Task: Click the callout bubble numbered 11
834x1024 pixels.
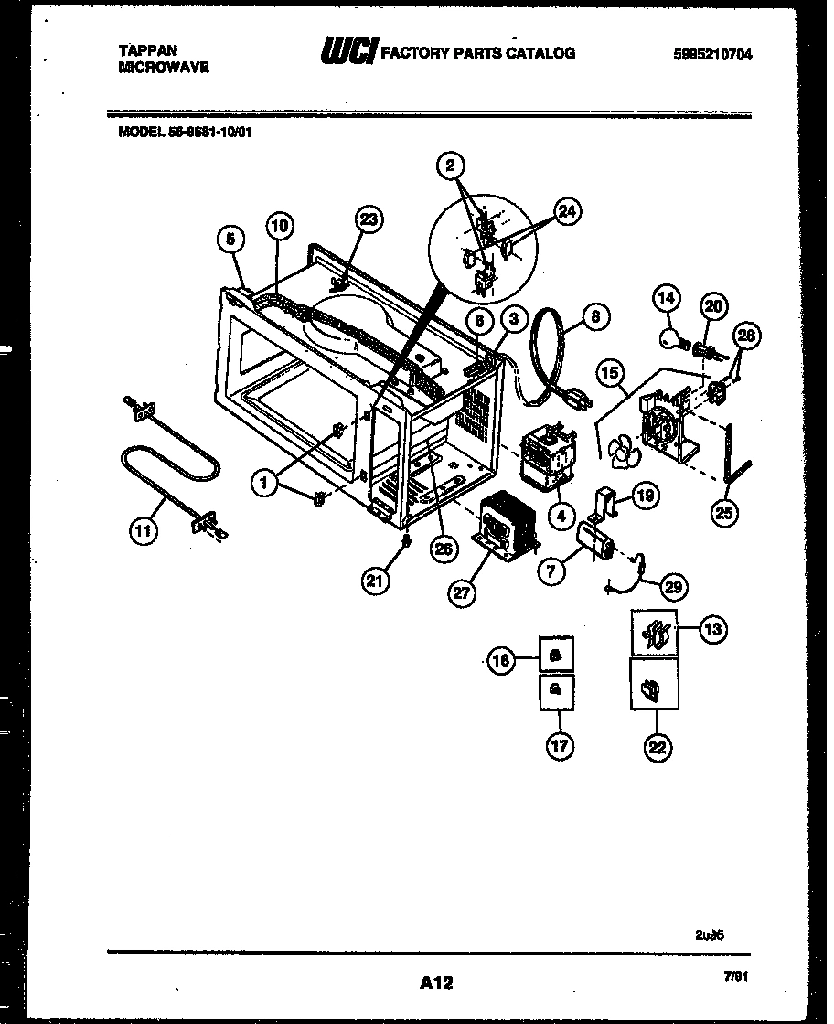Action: [143, 529]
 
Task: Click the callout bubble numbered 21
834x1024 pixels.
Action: [379, 580]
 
